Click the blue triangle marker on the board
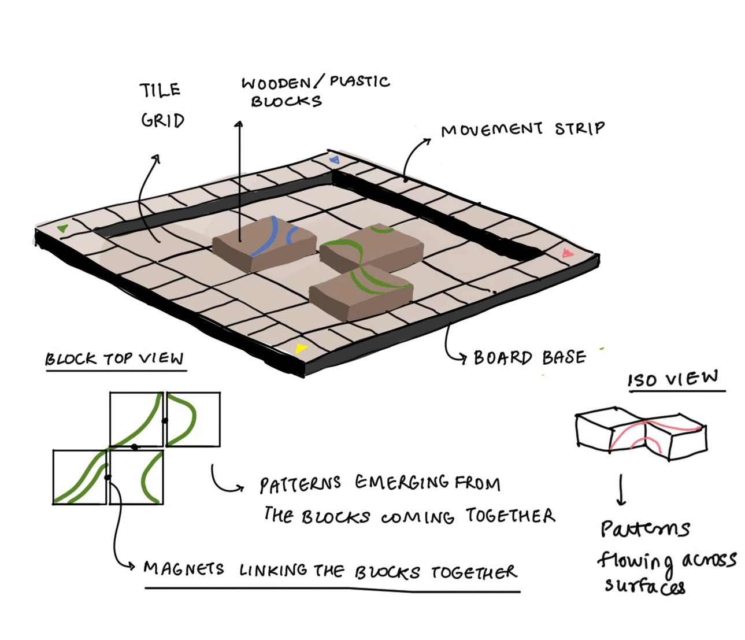tap(334, 159)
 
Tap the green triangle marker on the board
tap(63, 228)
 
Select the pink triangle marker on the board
tap(567, 253)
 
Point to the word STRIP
tap(580, 128)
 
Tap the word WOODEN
tap(276, 83)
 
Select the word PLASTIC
tap(359, 82)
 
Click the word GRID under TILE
tap(162, 120)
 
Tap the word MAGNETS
tap(184, 568)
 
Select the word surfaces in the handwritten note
tap(644, 586)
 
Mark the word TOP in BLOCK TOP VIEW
tap(118, 358)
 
